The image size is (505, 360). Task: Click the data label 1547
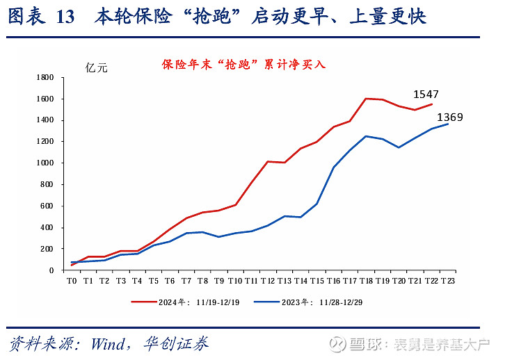[426, 94]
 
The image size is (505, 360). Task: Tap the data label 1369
[449, 117]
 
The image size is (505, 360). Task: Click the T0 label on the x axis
[72, 281]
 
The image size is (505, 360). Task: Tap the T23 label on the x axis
[448, 281]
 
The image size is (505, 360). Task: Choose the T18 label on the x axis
[366, 281]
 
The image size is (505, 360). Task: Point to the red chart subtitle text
[243, 65]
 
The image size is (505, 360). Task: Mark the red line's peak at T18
[366, 99]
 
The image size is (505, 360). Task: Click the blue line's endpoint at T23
[448, 124]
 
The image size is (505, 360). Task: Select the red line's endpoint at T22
[431, 104]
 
